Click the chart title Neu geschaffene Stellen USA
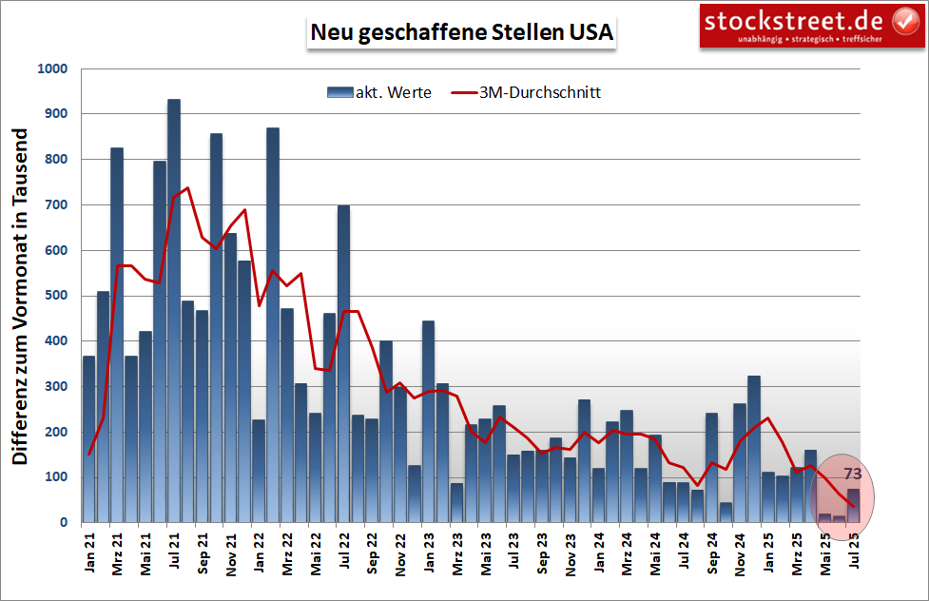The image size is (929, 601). coord(462,31)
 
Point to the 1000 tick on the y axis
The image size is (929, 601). coord(52,69)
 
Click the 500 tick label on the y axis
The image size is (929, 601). coord(56,296)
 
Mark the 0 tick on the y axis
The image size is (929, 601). coord(65,522)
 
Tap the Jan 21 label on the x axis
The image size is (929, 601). coord(89,553)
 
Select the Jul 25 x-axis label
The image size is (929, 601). coord(853,553)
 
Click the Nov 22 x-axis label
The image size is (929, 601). coord(400,553)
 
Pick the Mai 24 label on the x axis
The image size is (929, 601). coord(655,553)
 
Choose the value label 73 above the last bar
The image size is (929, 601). coord(853,474)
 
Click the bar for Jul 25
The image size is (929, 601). coord(853,506)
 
